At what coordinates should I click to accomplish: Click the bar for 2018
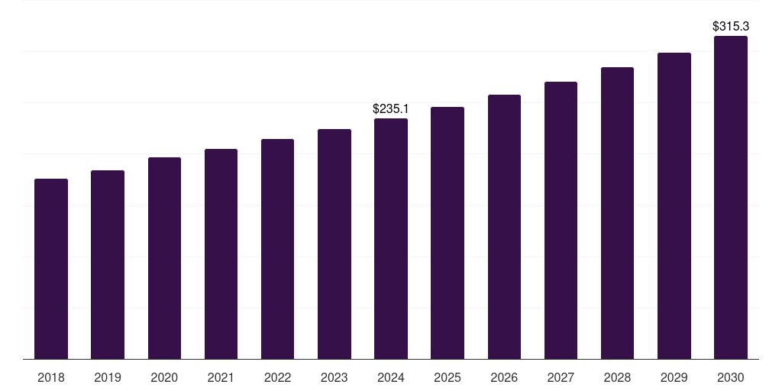point(51,269)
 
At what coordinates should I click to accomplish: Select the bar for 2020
point(164,258)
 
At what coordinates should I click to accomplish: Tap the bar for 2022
point(277,249)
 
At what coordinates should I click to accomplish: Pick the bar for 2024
point(391,239)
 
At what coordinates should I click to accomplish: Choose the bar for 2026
point(504,227)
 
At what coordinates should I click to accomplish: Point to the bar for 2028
point(617,213)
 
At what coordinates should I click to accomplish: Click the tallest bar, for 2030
point(731,198)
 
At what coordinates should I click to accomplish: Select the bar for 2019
point(108,264)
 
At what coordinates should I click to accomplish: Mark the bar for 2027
point(561,221)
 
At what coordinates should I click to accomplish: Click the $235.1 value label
point(391,109)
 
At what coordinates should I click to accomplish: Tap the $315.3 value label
point(731,27)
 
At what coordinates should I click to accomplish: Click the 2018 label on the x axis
point(51,377)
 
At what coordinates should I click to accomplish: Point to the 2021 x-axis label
point(221,377)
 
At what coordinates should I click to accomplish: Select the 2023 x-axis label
point(334,377)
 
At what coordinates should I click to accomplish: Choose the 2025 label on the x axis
point(448,377)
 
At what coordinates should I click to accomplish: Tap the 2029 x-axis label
point(674,377)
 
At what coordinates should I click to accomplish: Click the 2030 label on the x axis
point(731,377)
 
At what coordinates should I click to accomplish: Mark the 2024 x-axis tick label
point(391,377)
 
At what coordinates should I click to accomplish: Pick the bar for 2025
point(448,233)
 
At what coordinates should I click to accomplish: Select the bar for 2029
point(674,206)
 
